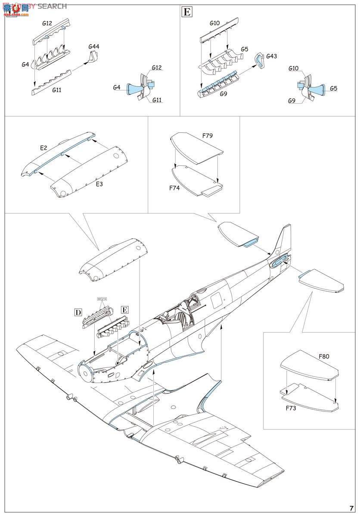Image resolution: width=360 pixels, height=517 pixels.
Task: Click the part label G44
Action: click(x=93, y=47)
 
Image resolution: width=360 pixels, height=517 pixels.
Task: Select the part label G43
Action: click(x=272, y=56)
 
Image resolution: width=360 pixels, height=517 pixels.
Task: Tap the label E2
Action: click(x=43, y=148)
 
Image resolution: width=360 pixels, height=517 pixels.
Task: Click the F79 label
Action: click(x=208, y=136)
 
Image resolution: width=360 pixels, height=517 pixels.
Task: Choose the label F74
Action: click(x=174, y=188)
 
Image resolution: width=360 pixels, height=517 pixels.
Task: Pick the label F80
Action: click(x=324, y=357)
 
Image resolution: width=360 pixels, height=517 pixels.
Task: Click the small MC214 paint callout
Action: click(x=102, y=299)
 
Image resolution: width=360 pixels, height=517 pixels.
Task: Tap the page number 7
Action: click(x=351, y=507)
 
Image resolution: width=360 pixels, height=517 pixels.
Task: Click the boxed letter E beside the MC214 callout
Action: click(x=124, y=310)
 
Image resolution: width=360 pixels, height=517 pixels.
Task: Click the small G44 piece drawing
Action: click(x=93, y=58)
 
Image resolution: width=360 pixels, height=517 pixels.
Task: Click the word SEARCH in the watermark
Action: click(x=52, y=6)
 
